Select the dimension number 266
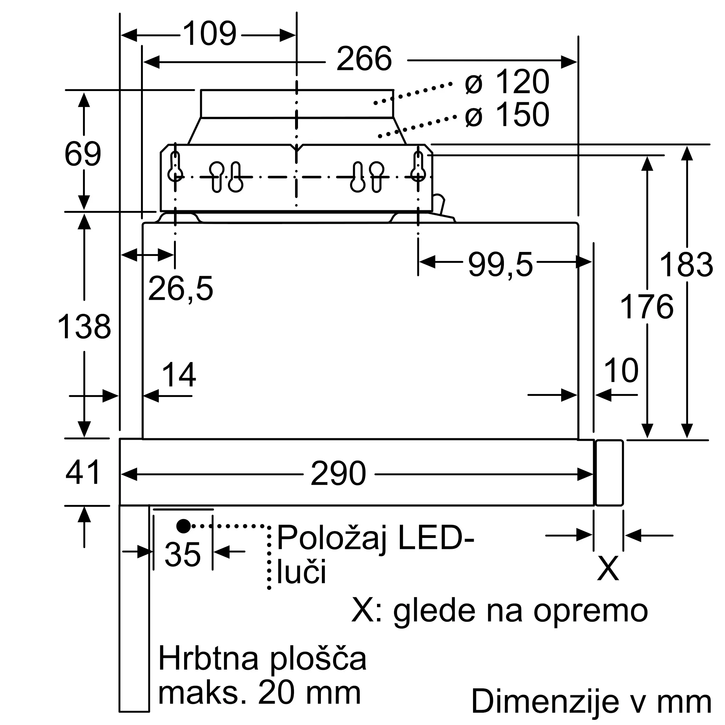click(x=364, y=59)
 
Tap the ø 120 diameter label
click(x=507, y=82)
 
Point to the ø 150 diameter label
click(x=507, y=115)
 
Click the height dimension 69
click(x=83, y=154)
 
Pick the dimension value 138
click(x=84, y=327)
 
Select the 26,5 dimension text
click(x=180, y=289)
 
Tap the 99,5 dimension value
click(x=500, y=265)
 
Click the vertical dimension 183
click(x=685, y=265)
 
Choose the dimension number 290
click(x=338, y=474)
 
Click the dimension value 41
click(x=83, y=472)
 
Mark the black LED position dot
click(x=183, y=526)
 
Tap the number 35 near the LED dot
click(x=182, y=555)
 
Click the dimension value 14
click(x=179, y=374)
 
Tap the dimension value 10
click(x=621, y=370)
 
